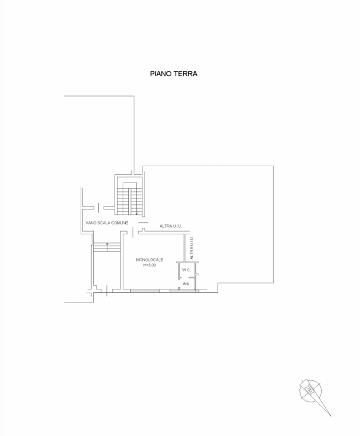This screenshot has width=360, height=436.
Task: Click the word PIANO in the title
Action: click(161, 74)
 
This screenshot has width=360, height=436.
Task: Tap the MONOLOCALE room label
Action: click(149, 260)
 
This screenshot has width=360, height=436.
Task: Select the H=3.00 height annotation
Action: click(149, 265)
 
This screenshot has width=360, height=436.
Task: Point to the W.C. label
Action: click(187, 270)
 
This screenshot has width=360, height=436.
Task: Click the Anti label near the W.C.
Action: click(186, 283)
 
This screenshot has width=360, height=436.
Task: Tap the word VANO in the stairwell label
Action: click(91, 223)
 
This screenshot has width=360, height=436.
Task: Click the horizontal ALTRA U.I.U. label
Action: click(171, 226)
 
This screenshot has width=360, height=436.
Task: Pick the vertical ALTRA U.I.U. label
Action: click(191, 248)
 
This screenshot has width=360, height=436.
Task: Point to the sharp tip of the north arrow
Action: click(331, 416)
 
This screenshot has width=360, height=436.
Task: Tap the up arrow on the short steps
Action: click(107, 247)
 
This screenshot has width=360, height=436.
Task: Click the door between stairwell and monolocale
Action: click(133, 233)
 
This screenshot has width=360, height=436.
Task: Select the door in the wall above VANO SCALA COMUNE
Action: click(99, 208)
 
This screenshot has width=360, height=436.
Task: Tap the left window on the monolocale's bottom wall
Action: click(145, 290)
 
